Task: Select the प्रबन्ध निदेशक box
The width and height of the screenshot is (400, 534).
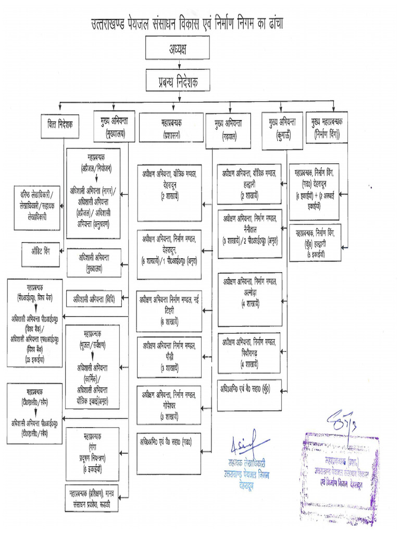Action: (x=178, y=82)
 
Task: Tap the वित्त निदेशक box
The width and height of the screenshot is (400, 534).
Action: (x=60, y=126)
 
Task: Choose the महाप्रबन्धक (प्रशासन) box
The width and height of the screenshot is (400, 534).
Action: (x=171, y=127)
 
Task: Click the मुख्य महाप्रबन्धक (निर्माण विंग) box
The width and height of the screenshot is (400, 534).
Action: (x=327, y=127)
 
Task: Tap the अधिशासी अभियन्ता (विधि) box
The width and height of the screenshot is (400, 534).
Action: (x=94, y=299)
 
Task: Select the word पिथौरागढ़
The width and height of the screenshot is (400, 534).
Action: (x=249, y=351)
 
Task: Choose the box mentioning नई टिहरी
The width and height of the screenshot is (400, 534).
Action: (x=169, y=310)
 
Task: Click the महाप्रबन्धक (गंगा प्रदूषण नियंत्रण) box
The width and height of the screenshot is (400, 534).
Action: (x=93, y=453)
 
